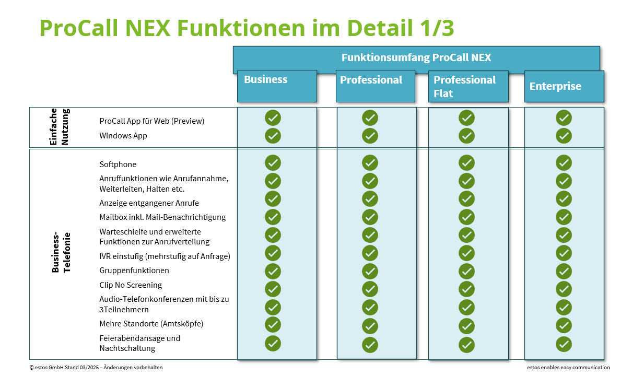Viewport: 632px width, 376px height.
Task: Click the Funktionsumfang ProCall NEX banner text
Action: (416, 57)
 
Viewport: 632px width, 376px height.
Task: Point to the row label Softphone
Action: (118, 164)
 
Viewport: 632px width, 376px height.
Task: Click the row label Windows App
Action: (123, 136)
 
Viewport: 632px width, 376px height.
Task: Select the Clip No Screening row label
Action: (131, 285)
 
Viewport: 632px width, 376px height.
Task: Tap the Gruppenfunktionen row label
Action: (134, 271)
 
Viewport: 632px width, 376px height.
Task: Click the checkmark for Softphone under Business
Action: (273, 163)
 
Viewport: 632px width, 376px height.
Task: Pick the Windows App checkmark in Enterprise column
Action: (564, 136)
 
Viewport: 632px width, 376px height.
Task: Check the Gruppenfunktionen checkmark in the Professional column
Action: (370, 272)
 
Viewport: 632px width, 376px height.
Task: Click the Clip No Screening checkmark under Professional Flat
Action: (466, 289)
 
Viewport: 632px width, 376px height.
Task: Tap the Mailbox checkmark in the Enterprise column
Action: (564, 217)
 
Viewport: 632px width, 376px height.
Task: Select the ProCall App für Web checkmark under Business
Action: (273, 118)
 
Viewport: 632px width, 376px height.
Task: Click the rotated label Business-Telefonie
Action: (61, 253)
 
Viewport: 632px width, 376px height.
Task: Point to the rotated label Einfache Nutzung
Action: (59, 127)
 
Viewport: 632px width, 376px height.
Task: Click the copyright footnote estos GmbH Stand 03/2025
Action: (96, 368)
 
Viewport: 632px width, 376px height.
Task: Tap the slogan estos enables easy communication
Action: (568, 368)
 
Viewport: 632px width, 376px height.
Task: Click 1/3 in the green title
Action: (437, 28)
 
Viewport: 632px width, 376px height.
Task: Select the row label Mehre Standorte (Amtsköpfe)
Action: (151, 324)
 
